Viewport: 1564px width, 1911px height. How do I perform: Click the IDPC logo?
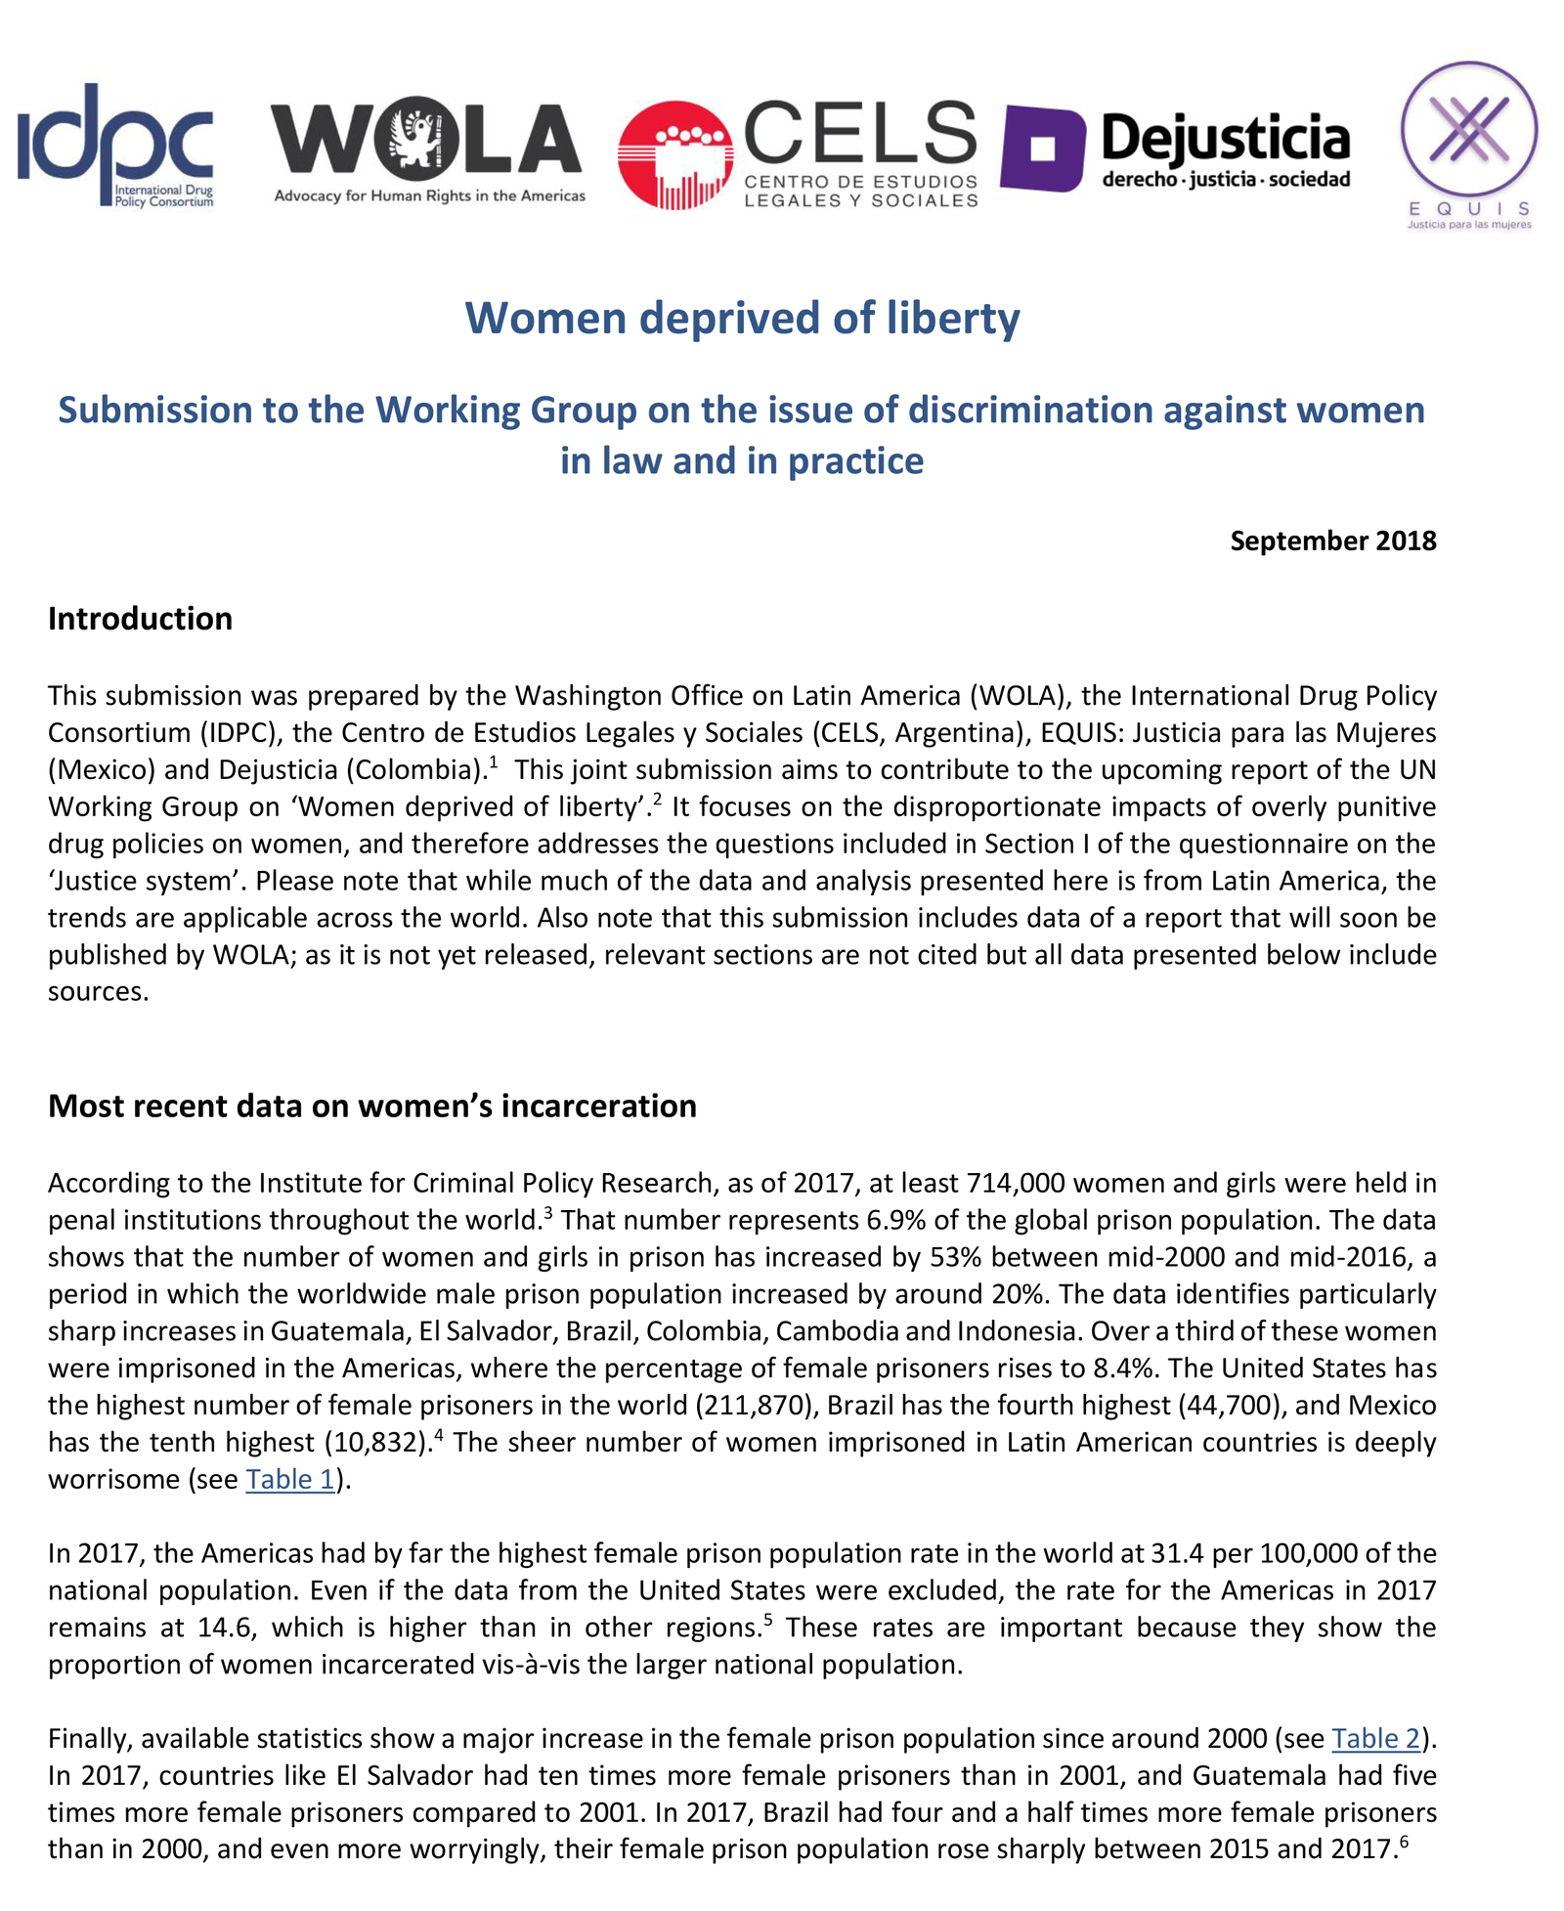click(115, 145)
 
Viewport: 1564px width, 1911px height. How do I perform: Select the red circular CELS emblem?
click(675, 155)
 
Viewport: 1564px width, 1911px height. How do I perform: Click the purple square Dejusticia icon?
click(1043, 149)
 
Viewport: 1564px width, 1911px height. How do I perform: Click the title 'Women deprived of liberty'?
click(742, 319)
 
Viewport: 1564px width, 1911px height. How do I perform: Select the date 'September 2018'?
click(1332, 541)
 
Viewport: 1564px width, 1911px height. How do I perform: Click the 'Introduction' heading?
click(140, 619)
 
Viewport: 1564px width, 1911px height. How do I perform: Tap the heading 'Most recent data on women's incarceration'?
click(371, 1106)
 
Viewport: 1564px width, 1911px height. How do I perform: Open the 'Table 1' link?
click(290, 1479)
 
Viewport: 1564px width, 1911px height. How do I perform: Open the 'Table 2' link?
click(1375, 1738)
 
